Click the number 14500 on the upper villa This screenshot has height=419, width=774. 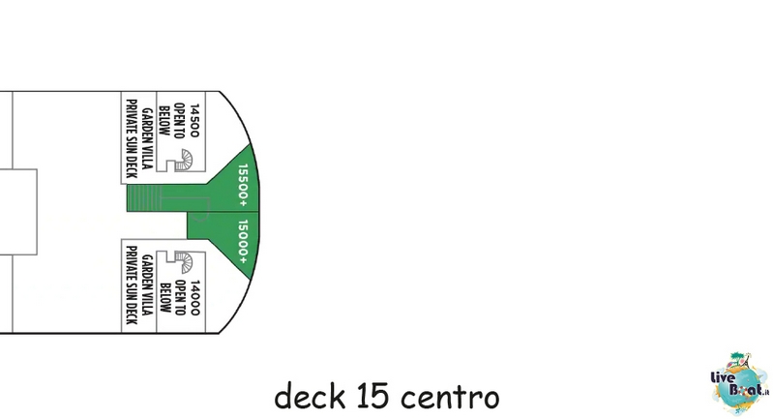click(x=194, y=120)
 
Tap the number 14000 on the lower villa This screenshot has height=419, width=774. click(x=194, y=298)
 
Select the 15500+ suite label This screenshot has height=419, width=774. click(x=243, y=185)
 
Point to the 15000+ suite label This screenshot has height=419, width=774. click(x=243, y=242)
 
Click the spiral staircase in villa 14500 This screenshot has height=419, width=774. click(x=184, y=160)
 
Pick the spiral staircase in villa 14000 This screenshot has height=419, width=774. click(x=184, y=262)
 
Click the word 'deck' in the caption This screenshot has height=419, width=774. click(x=310, y=396)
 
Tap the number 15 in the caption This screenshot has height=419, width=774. click(x=372, y=396)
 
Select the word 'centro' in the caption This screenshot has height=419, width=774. click(x=450, y=398)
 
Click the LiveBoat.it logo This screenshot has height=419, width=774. click(x=739, y=384)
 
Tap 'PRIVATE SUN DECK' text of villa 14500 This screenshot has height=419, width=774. click(x=132, y=138)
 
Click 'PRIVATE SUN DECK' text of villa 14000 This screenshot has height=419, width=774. click(x=132, y=285)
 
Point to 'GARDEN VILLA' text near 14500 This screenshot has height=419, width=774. click(x=147, y=138)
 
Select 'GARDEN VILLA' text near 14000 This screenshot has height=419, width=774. click(x=147, y=284)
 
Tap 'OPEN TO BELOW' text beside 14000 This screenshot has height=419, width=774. click(x=171, y=297)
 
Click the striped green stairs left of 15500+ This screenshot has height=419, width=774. click(x=143, y=198)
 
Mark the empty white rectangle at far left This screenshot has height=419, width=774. click(x=18, y=212)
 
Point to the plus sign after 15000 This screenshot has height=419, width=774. click(x=243, y=260)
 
